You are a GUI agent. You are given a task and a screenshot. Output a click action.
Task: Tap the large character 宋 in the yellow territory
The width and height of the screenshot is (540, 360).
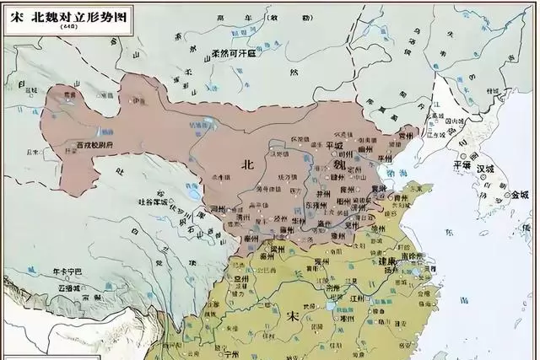(x=293, y=318)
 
